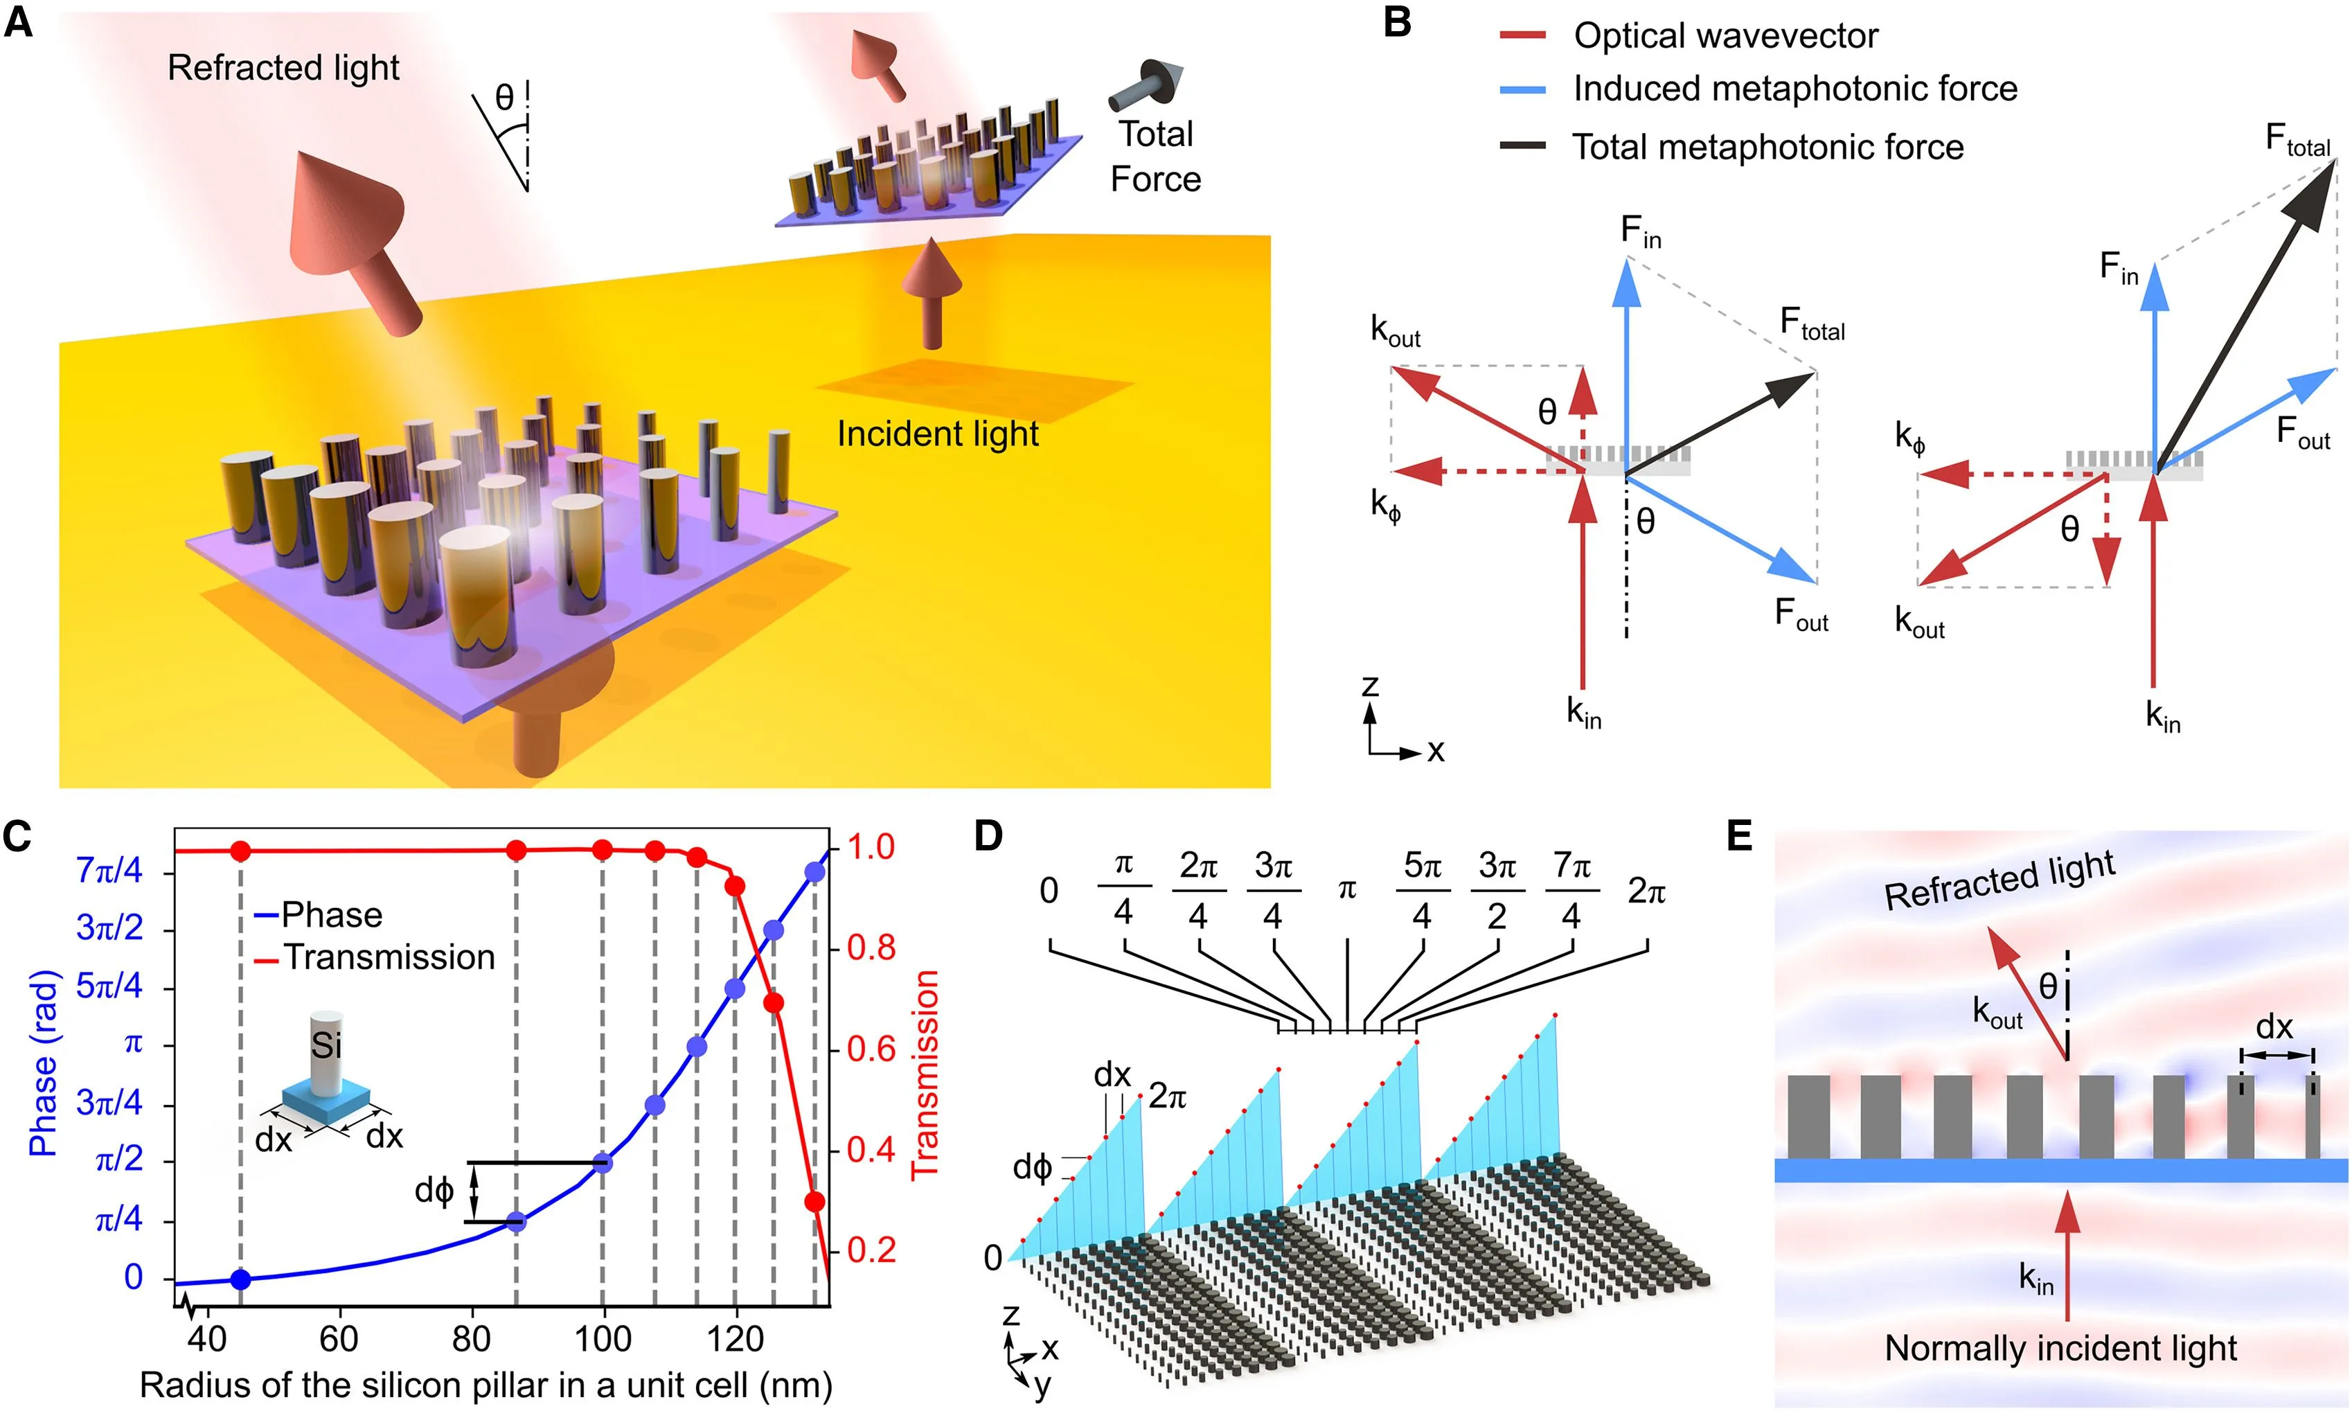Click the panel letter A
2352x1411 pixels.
[x=18, y=23]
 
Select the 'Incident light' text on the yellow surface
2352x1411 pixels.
[x=937, y=434]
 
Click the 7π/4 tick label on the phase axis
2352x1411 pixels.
[x=109, y=870]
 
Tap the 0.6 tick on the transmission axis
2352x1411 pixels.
[x=871, y=1049]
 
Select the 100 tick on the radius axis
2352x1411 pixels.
[x=603, y=1339]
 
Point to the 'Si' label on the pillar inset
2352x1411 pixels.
[x=326, y=1046]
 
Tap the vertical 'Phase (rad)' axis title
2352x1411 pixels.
[x=43, y=1063]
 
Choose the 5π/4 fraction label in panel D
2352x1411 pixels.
[x=1423, y=890]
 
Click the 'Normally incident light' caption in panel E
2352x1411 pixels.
[x=2060, y=1348]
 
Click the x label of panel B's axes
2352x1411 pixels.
[x=1436, y=751]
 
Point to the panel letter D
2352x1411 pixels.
[x=989, y=837]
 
